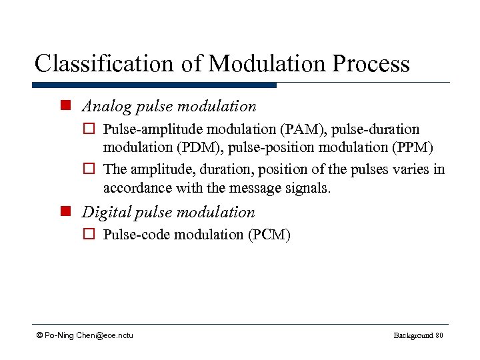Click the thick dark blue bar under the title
[x=154, y=85]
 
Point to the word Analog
[x=105, y=106]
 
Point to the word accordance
[x=137, y=188]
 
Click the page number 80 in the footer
[x=439, y=335]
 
